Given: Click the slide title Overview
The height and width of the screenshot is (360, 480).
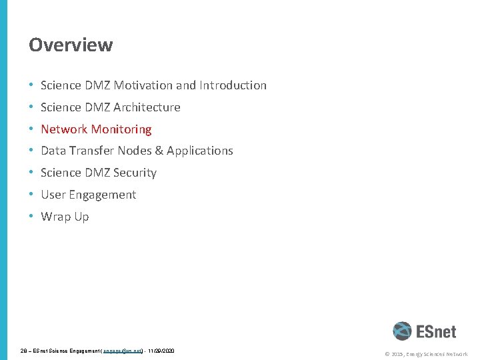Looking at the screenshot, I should click(x=71, y=45).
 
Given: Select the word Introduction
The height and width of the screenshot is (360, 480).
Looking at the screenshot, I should click(x=231, y=85).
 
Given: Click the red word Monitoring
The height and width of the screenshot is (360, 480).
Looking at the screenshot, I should click(x=121, y=129).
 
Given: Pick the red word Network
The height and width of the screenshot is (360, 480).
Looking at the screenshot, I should click(x=64, y=129).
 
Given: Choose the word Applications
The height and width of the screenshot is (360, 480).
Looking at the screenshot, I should click(x=200, y=151).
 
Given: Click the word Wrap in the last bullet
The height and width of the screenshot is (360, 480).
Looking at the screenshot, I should click(x=55, y=217).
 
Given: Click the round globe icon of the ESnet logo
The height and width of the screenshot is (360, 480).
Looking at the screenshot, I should click(x=402, y=331).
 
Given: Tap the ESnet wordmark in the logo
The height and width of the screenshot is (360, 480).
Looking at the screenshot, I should click(x=436, y=331).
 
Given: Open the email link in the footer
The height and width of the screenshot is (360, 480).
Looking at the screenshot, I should click(x=123, y=350).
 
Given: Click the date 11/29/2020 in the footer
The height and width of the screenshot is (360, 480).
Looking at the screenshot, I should click(x=161, y=350).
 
